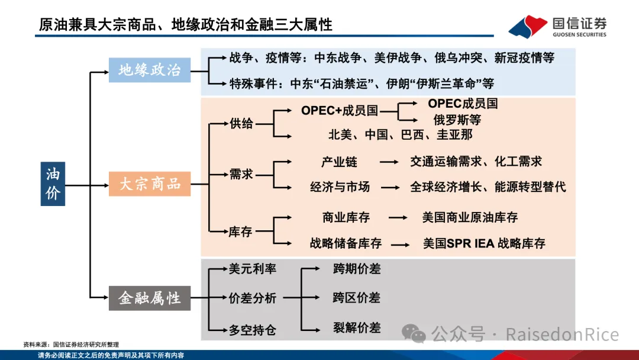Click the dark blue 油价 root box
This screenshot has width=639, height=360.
click(53, 184)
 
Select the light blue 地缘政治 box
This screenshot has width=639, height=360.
click(149, 70)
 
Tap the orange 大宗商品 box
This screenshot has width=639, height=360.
click(149, 184)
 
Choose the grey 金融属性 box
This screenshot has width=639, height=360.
click(149, 297)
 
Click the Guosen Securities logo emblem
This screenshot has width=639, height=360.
click(528, 26)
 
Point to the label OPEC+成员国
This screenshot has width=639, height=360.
click(339, 111)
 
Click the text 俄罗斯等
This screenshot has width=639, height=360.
click(457, 120)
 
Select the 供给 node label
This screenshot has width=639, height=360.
click(241, 123)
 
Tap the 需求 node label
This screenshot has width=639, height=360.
click(241, 174)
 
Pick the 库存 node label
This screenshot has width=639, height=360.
click(241, 232)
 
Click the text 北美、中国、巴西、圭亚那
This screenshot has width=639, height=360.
click(401, 135)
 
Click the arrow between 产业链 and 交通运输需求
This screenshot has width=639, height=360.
click(389, 162)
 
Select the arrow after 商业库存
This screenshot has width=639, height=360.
click(398, 218)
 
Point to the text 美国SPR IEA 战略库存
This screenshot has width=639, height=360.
click(484, 243)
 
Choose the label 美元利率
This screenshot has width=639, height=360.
click(252, 269)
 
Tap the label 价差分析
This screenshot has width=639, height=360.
click(252, 298)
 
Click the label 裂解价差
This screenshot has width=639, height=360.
click(357, 327)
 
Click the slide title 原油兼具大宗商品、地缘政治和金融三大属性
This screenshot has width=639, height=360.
click(186, 25)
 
